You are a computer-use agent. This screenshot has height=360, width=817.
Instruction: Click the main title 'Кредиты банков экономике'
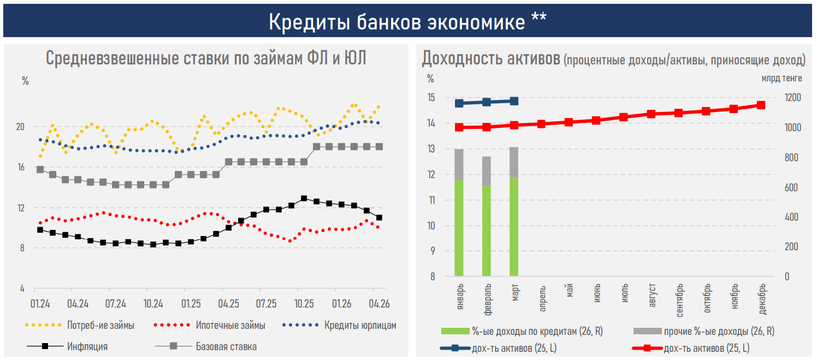pos(397,22)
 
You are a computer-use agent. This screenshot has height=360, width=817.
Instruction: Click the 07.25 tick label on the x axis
pos(267,304)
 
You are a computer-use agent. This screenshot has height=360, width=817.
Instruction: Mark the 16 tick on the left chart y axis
pos(21,167)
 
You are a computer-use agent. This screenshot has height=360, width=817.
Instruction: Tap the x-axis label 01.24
pos(40,304)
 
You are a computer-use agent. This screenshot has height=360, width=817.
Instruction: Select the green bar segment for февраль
pos(487,231)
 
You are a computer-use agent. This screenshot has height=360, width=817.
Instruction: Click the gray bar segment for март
pos(514,162)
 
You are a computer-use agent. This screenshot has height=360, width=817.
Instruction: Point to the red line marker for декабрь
pos(761,105)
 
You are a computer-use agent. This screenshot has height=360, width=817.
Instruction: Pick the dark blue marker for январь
pos(459,103)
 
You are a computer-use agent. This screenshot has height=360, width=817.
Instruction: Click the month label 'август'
pos(652,295)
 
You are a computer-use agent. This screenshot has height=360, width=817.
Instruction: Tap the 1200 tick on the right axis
pos(792,97)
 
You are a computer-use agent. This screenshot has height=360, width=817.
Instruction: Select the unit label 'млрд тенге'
pos(782,79)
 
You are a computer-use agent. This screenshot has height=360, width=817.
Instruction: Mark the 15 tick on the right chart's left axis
pos(431,97)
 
